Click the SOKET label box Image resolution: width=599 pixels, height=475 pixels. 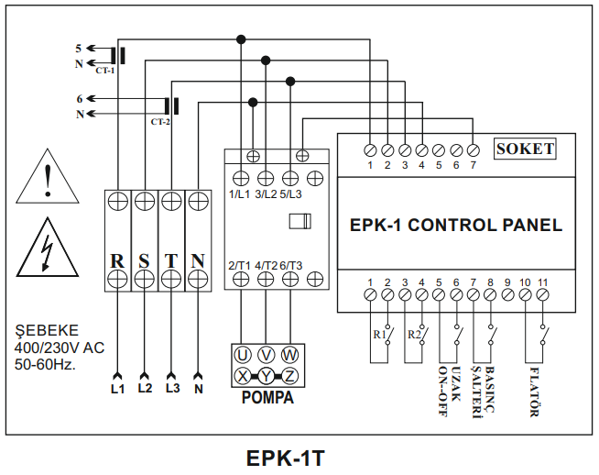(525, 149)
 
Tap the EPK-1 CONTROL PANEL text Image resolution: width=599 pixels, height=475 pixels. (456, 225)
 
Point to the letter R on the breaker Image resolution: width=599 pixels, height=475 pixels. (117, 260)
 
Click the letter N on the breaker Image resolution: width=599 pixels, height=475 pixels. (198, 260)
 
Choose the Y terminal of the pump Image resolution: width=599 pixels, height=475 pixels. (266, 375)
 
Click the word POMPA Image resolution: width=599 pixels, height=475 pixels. (267, 399)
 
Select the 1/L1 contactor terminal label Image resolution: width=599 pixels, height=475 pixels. (241, 193)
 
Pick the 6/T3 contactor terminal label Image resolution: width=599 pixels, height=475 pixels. (290, 265)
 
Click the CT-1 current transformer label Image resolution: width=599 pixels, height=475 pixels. (104, 70)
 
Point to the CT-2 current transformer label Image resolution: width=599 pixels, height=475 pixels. (160, 121)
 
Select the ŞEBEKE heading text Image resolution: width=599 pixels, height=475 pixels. (47, 330)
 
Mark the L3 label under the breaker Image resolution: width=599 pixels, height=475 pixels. (172, 388)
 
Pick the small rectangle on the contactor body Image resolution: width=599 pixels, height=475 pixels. (299, 221)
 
